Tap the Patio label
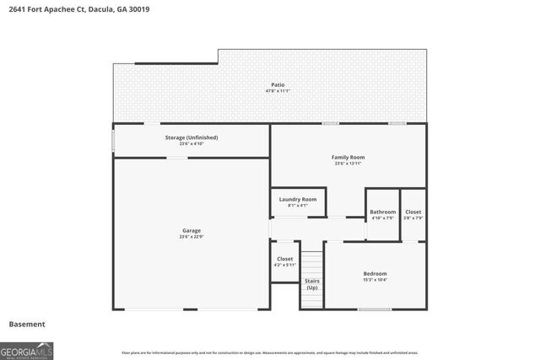(x=278, y=85)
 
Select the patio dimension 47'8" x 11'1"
(x=278, y=92)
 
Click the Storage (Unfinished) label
(x=192, y=137)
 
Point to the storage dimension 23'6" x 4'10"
(x=192, y=143)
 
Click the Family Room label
(x=347, y=157)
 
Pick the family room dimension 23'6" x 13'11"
(x=347, y=164)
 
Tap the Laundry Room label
(x=298, y=199)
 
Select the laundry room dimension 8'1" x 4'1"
(x=298, y=206)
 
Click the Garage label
(x=192, y=230)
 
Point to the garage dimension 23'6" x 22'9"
(x=192, y=237)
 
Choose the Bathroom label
(x=382, y=212)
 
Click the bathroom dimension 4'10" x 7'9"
(x=382, y=218)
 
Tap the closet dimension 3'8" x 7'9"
(x=413, y=218)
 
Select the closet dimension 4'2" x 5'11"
(x=284, y=266)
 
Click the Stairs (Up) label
(x=311, y=284)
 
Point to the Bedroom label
(x=375, y=273)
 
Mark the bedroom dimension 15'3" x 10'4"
(x=375, y=280)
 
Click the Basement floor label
(x=27, y=324)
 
